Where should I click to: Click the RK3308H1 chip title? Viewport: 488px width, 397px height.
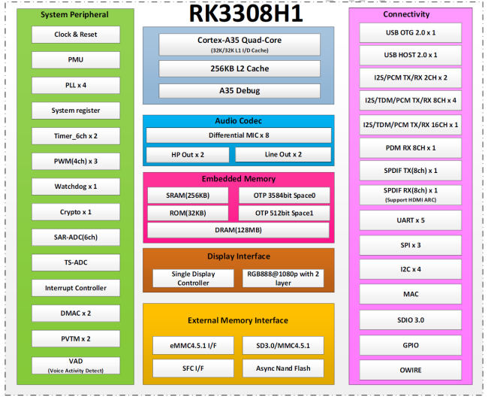pyautogui.click(x=239, y=14)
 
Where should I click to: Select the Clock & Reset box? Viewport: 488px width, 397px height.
pyautogui.click(x=76, y=35)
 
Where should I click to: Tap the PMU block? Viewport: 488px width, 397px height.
pyautogui.click(x=76, y=59)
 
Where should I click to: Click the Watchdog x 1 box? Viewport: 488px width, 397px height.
pyautogui.click(x=76, y=186)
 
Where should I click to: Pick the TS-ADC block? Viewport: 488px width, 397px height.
pyautogui.click(x=76, y=262)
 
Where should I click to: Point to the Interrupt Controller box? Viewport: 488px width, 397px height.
pyautogui.click(x=76, y=288)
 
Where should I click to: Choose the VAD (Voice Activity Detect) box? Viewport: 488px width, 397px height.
pyautogui.click(x=76, y=366)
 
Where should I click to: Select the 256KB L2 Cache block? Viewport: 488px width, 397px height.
pyautogui.click(x=239, y=68)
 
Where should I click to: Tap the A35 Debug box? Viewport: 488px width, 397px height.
pyautogui.click(x=239, y=90)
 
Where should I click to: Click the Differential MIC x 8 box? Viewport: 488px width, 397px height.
pyautogui.click(x=239, y=135)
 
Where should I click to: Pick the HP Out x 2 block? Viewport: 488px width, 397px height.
pyautogui.click(x=188, y=155)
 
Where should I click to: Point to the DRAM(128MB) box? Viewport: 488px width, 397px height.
pyautogui.click(x=239, y=230)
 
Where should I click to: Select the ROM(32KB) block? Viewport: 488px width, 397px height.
pyautogui.click(x=188, y=212)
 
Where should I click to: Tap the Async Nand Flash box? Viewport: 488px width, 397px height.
pyautogui.click(x=284, y=368)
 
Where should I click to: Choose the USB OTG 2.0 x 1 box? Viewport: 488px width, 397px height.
pyautogui.click(x=410, y=33)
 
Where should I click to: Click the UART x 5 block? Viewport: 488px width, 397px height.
pyautogui.click(x=410, y=220)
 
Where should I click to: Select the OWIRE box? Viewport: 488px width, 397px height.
pyautogui.click(x=410, y=371)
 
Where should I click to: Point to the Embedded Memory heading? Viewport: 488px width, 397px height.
pyautogui.click(x=239, y=179)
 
